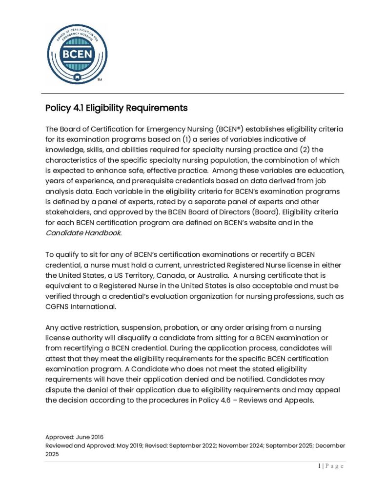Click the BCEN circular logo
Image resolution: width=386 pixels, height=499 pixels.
pos(77,54)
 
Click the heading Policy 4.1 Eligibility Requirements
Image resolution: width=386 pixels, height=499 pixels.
pos(116,108)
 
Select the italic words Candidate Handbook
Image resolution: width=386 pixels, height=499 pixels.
pos(83,232)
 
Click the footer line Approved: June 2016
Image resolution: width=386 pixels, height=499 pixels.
pos(74,437)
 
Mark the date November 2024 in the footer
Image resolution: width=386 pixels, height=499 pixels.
pos(236,445)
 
